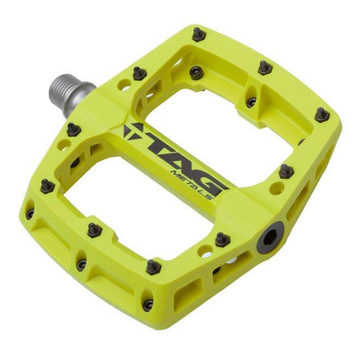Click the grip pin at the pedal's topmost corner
pos(197,34)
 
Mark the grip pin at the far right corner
pos(322,115)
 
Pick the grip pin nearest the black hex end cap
pos(221,238)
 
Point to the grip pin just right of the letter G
pos(286,170)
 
